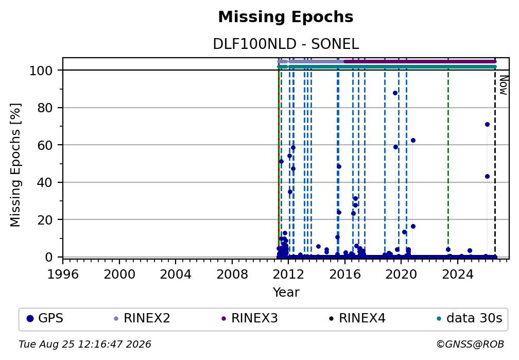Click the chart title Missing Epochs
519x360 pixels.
point(286,17)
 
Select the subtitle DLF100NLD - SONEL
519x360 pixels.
point(286,44)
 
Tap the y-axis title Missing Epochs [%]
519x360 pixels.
point(15,165)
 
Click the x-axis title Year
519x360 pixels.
point(286,292)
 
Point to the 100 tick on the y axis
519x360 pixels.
point(41,71)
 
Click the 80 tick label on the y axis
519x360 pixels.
point(45,108)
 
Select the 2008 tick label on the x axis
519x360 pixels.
point(232,274)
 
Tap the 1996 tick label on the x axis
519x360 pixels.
point(63,274)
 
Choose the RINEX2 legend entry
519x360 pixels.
point(142,318)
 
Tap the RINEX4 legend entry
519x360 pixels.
point(357,318)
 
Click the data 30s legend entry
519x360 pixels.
point(470,318)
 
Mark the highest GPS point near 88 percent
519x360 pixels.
point(395,93)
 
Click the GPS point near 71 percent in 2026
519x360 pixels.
point(487,125)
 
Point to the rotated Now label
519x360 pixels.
point(503,85)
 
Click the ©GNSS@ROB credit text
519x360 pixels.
point(470,345)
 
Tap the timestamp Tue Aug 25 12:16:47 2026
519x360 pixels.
point(85,345)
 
